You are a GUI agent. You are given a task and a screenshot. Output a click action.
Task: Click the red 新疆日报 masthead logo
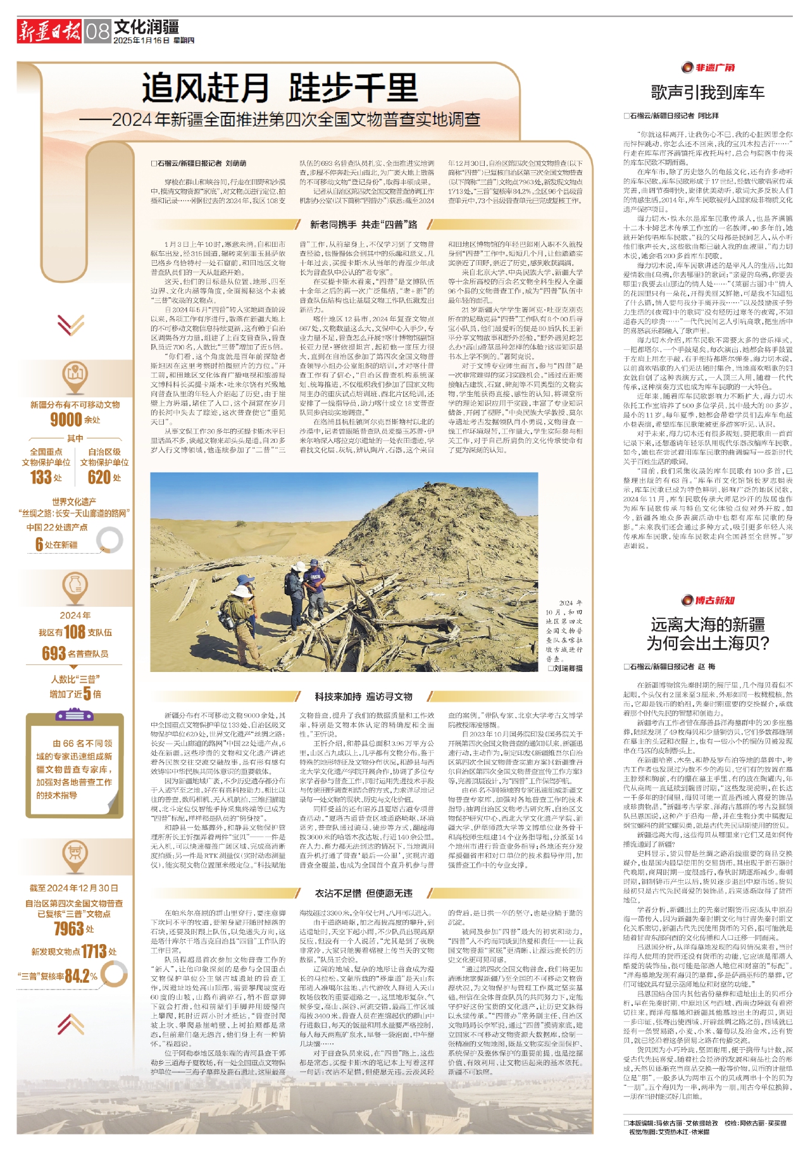(x=49, y=30)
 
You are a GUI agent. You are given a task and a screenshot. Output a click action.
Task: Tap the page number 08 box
(x=97, y=31)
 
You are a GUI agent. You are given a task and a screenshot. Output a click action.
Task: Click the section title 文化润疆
(x=146, y=27)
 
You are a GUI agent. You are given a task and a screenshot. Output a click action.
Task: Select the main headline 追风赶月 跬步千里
(x=279, y=88)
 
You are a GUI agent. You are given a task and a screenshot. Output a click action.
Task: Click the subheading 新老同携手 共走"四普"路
(x=363, y=225)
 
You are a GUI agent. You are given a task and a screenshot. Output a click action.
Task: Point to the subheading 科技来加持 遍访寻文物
(x=363, y=697)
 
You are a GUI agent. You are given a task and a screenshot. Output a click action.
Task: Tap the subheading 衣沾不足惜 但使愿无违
(x=363, y=893)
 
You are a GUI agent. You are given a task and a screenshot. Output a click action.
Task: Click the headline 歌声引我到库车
(x=707, y=93)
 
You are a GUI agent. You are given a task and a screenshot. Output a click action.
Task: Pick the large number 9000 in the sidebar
(x=66, y=420)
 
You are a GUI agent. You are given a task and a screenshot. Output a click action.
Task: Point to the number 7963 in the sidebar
(x=69, y=928)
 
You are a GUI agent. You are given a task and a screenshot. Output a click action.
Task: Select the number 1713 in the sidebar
(x=94, y=951)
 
